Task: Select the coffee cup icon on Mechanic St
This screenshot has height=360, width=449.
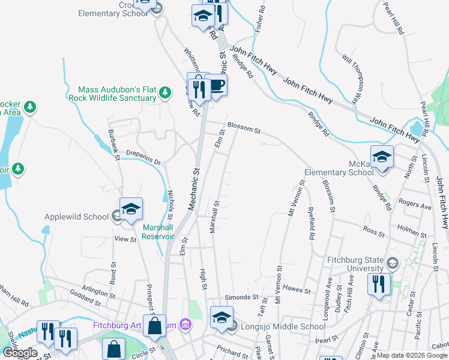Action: [x=216, y=85]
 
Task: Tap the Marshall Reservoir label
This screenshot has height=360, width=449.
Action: [x=158, y=232]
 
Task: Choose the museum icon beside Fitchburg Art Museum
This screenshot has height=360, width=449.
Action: [x=185, y=325]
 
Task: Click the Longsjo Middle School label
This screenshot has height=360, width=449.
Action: [x=283, y=327]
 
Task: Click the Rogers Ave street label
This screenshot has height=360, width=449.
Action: [x=415, y=206]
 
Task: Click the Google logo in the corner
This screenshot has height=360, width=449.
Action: [x=20, y=352]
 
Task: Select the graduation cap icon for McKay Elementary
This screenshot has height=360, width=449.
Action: [x=382, y=157]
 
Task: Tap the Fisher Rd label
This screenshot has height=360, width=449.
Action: [x=260, y=19]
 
